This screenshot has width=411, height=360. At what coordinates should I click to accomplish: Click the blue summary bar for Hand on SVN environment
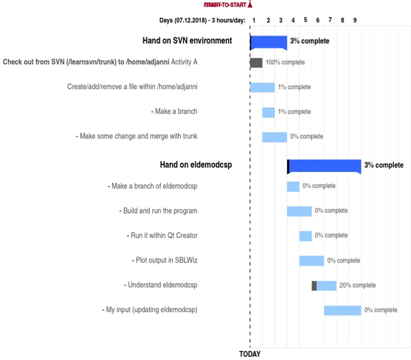tap(269, 41)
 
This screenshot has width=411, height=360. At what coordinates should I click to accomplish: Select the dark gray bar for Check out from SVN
tap(256, 63)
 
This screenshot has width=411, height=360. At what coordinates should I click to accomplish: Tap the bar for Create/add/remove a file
tap(262, 87)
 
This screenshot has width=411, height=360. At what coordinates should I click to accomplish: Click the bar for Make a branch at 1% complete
tap(268, 112)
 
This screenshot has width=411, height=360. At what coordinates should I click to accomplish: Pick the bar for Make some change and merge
tap(275, 137)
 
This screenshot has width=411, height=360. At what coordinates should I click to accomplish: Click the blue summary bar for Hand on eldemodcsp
tap(324, 166)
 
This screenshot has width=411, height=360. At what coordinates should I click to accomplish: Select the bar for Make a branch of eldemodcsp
tap(293, 186)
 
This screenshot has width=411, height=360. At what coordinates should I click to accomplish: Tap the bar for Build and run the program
tap(299, 211)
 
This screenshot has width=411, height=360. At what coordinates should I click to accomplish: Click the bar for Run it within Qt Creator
tap(306, 236)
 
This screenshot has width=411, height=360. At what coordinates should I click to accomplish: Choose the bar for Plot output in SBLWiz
tap(311, 261)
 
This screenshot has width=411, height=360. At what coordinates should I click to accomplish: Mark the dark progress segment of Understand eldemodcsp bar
tap(314, 286)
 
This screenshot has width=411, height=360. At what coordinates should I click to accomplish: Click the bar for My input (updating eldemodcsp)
tap(342, 310)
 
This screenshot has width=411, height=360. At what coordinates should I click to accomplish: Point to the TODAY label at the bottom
tap(249, 354)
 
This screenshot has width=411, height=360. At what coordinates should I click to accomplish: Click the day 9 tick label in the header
tap(355, 20)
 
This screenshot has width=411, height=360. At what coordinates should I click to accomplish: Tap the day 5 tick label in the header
tap(306, 20)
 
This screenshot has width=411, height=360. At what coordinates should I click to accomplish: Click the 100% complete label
tap(285, 63)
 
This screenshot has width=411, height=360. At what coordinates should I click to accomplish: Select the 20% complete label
tap(357, 286)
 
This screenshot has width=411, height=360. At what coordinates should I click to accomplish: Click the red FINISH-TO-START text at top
tap(225, 5)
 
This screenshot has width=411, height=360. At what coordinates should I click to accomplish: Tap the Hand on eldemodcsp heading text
tap(196, 165)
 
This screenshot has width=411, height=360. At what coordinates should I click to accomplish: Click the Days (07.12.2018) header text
tap(202, 20)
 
